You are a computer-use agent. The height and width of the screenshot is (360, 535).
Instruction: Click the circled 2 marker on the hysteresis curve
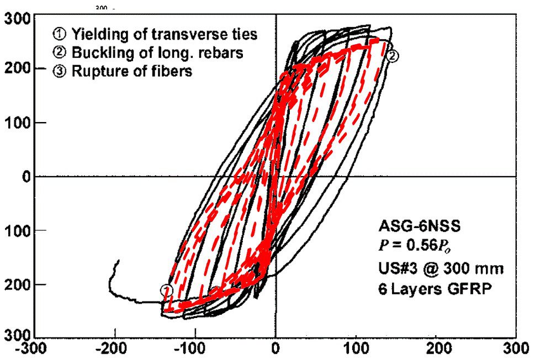(x=393, y=55)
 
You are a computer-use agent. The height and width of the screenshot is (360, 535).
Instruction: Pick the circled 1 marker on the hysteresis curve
(x=166, y=289)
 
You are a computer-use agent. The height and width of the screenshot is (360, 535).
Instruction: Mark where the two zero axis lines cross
(x=276, y=177)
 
